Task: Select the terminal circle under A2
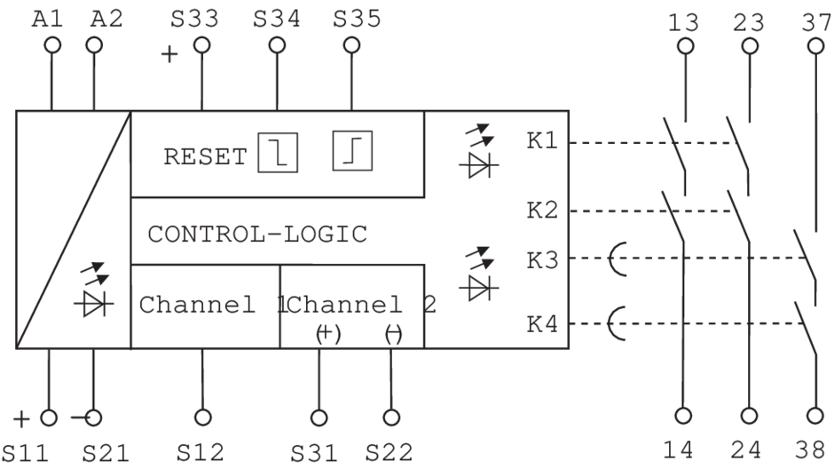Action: pos(95,44)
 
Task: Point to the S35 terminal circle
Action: pos(352,44)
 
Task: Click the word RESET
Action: pos(205,158)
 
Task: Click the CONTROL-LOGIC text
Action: pos(257,234)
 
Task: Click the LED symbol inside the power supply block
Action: pos(93,293)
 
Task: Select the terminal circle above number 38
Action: pos(815,414)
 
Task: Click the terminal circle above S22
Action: pos(390,415)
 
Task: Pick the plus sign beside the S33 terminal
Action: pos(169,55)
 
